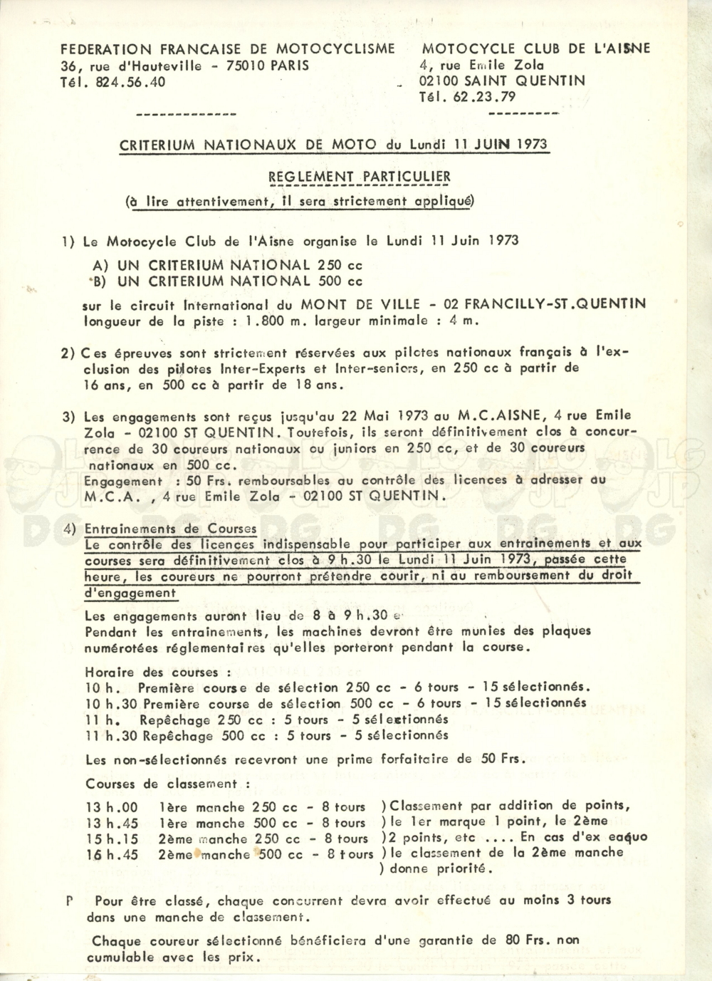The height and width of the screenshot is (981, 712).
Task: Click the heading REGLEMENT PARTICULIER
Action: tap(359, 177)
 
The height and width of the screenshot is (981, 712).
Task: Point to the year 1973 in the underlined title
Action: tap(528, 145)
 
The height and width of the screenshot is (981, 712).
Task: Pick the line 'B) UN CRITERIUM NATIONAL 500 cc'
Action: tap(228, 281)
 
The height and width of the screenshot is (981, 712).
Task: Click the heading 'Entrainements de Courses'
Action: tap(170, 529)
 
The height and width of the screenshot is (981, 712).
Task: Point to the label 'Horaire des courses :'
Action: tap(157, 672)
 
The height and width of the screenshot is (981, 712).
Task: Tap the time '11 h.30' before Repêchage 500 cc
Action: tap(108, 737)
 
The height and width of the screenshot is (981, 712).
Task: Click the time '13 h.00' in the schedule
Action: tap(112, 807)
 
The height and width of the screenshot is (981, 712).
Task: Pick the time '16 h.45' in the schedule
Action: tap(112, 855)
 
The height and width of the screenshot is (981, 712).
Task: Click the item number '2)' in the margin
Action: tap(68, 353)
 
